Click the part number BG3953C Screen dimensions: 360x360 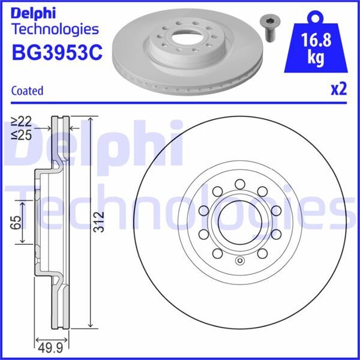point(57,53)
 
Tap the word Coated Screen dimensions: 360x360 point(27,91)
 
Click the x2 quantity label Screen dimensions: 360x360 point(338,89)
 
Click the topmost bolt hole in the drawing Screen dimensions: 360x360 point(239,184)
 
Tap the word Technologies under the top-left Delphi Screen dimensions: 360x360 point(55,29)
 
